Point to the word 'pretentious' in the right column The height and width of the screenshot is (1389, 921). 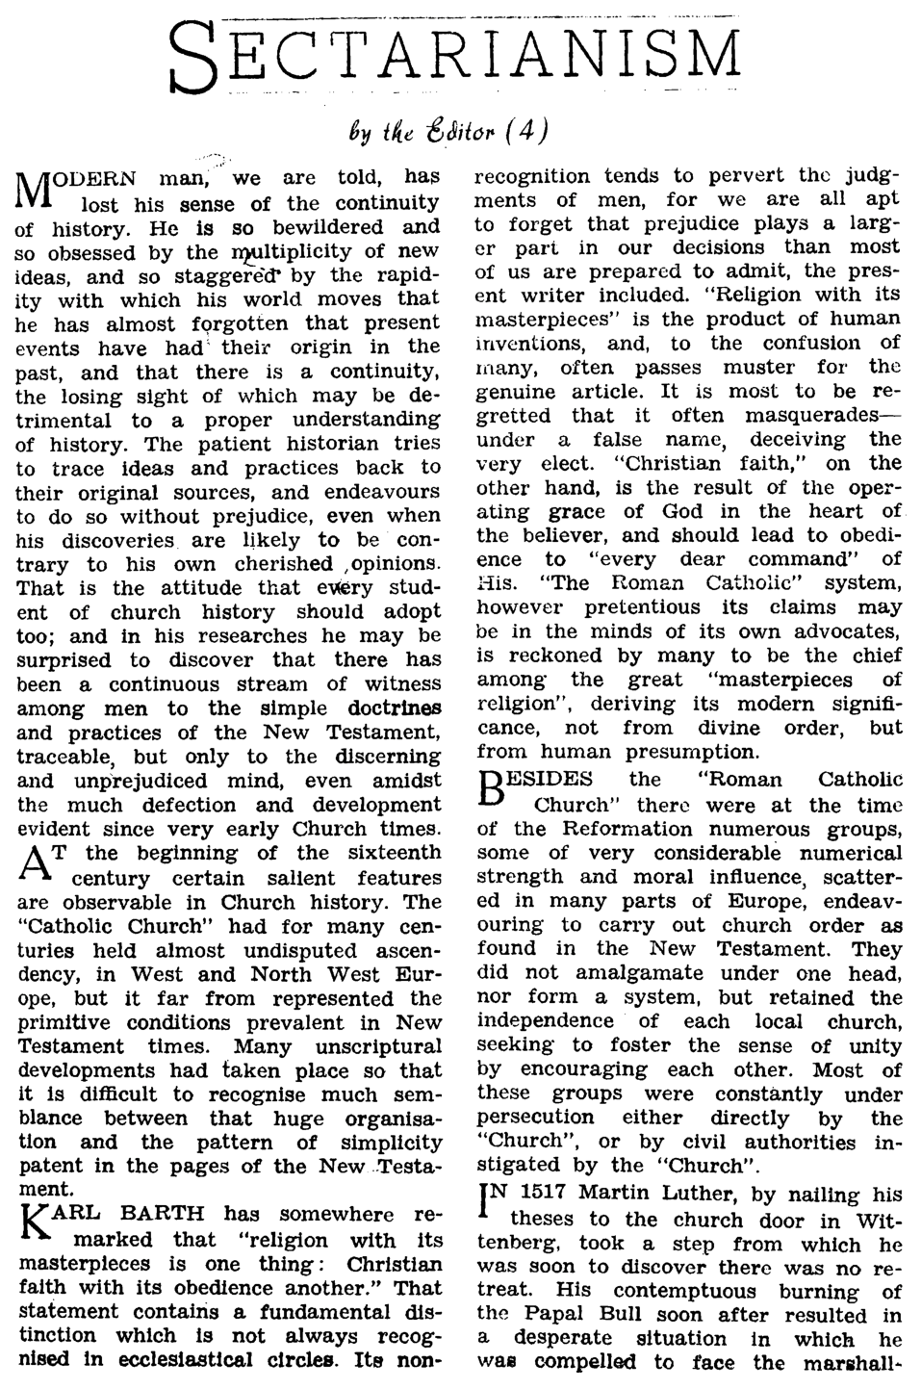pyautogui.click(x=636, y=607)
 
